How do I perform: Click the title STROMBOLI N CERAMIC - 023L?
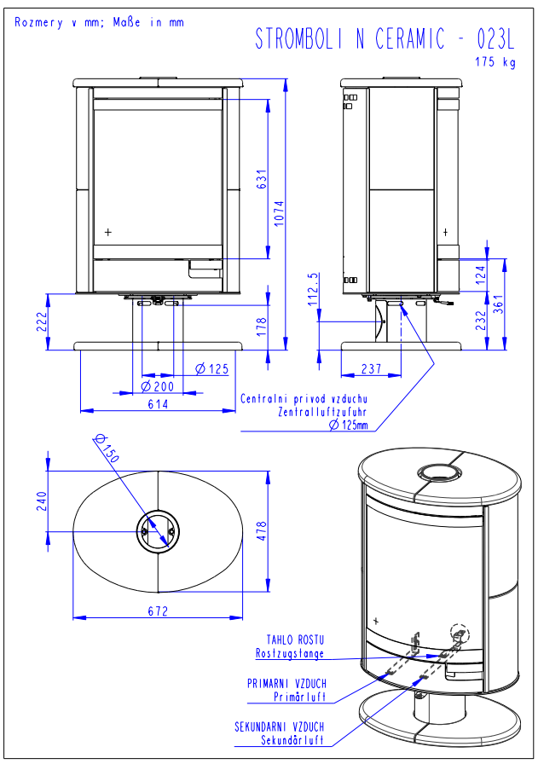385,38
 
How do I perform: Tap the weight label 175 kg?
495,62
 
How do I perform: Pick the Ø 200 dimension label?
157,386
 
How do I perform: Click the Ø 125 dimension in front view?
212,369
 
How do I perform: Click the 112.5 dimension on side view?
313,291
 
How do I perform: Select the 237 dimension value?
371,369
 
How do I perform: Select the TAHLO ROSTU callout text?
296,640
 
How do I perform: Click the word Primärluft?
299,697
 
